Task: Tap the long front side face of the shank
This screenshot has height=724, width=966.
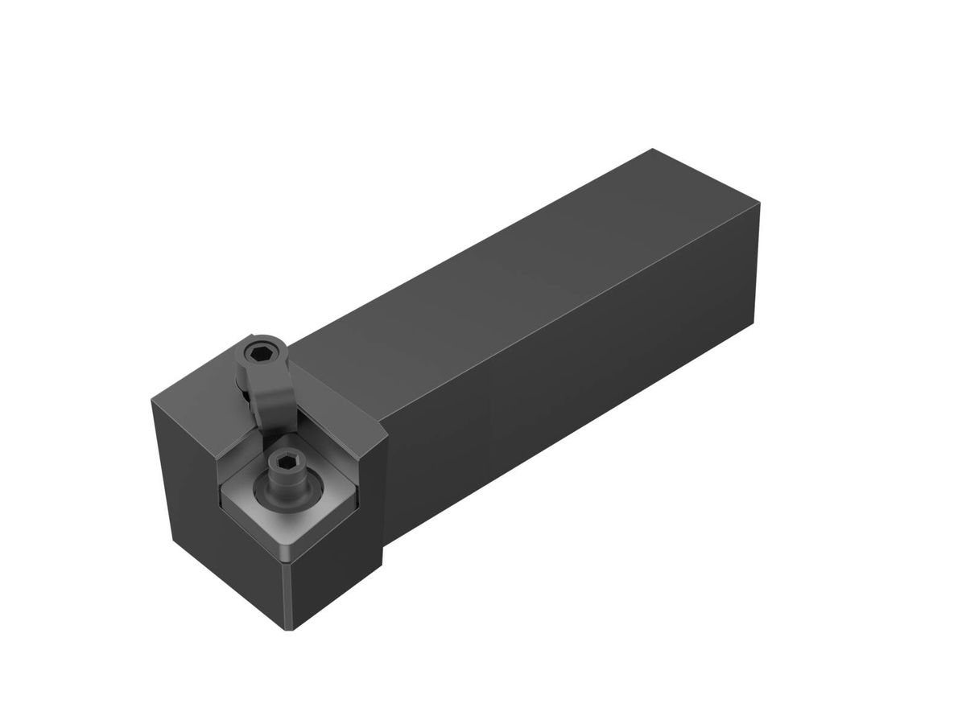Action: pos(563,402)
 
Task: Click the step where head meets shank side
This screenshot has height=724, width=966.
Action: pos(384,499)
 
